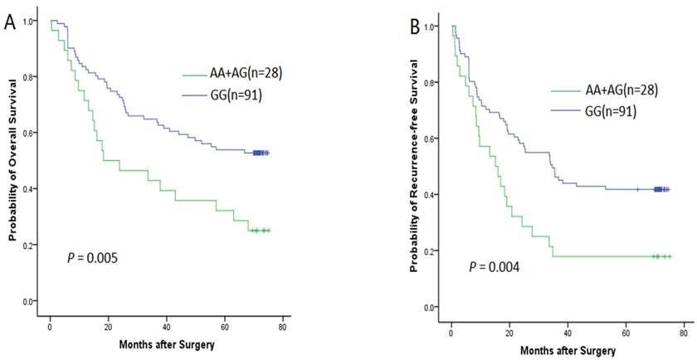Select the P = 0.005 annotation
tap(92, 258)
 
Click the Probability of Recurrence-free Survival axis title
tap(413, 167)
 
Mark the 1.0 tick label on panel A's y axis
tap(32, 21)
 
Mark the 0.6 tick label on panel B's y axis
tap(431, 139)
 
